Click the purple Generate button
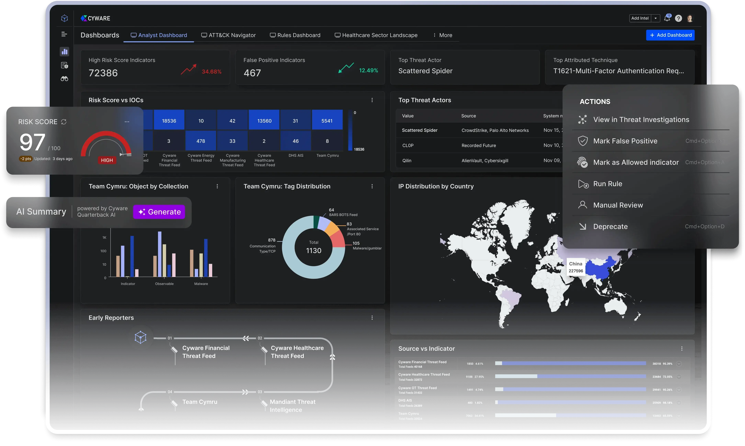click(x=159, y=212)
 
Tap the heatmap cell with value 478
click(x=201, y=141)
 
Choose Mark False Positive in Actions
click(x=625, y=141)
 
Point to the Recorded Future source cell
click(x=479, y=145)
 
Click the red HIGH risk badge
click(x=107, y=160)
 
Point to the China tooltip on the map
click(x=576, y=267)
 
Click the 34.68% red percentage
click(x=212, y=71)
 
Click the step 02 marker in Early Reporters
click(x=260, y=338)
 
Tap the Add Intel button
click(x=640, y=18)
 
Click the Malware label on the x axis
click(x=201, y=284)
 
